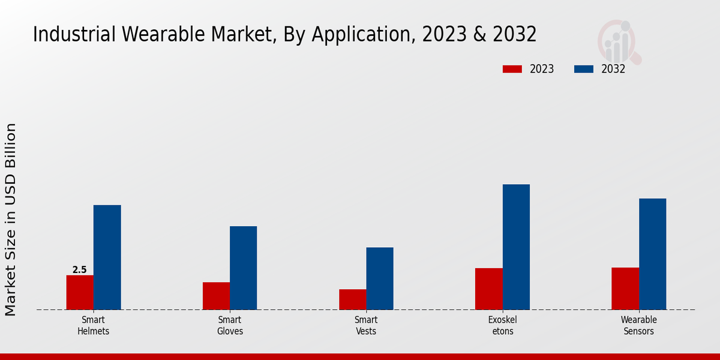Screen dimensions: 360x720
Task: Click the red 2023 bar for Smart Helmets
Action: [x=80, y=292]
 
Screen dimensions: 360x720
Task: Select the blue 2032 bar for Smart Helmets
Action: [x=107, y=257]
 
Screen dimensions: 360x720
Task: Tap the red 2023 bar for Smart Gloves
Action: [x=216, y=296]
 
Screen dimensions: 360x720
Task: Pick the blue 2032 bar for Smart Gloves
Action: [x=243, y=268]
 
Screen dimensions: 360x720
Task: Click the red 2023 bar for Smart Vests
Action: [x=352, y=299]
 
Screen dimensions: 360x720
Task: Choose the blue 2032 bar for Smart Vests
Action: [x=380, y=278]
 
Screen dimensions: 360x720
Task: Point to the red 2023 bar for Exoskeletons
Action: [x=488, y=289]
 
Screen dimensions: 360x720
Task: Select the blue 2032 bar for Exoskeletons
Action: [x=516, y=247]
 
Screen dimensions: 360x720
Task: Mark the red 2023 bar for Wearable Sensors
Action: [x=625, y=289]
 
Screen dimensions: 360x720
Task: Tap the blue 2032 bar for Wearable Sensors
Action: [x=652, y=254]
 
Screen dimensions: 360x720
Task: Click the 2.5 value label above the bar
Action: [x=80, y=270]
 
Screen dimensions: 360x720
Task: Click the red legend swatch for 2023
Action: [x=512, y=69]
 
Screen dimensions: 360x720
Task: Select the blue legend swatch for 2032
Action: [x=584, y=69]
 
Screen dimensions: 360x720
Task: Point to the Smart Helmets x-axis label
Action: [x=94, y=325]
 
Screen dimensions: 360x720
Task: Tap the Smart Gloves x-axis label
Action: [x=230, y=325]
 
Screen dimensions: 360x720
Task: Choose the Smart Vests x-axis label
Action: [x=366, y=325]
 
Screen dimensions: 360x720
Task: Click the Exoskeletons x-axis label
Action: [x=502, y=325]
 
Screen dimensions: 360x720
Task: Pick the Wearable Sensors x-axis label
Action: [x=638, y=325]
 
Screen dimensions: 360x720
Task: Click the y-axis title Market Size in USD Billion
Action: [x=11, y=219]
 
